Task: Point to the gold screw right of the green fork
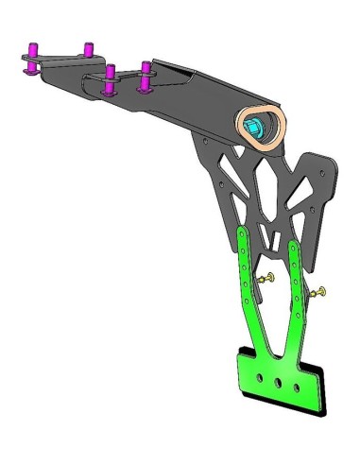click(319, 294)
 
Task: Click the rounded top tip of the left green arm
click(245, 232)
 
